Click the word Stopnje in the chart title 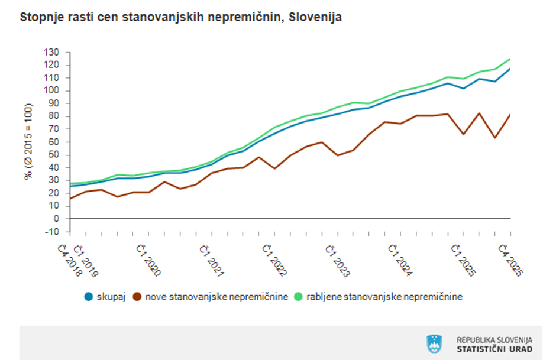pos(41,17)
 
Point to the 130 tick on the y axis pos(52,53)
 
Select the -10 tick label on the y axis pos(53,232)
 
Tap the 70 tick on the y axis pos(54,129)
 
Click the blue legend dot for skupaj pos(89,297)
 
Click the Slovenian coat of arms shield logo pos(434,344)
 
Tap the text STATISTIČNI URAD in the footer pos(494,349)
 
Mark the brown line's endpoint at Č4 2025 pos(510,115)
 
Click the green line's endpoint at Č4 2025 pos(510,59)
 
